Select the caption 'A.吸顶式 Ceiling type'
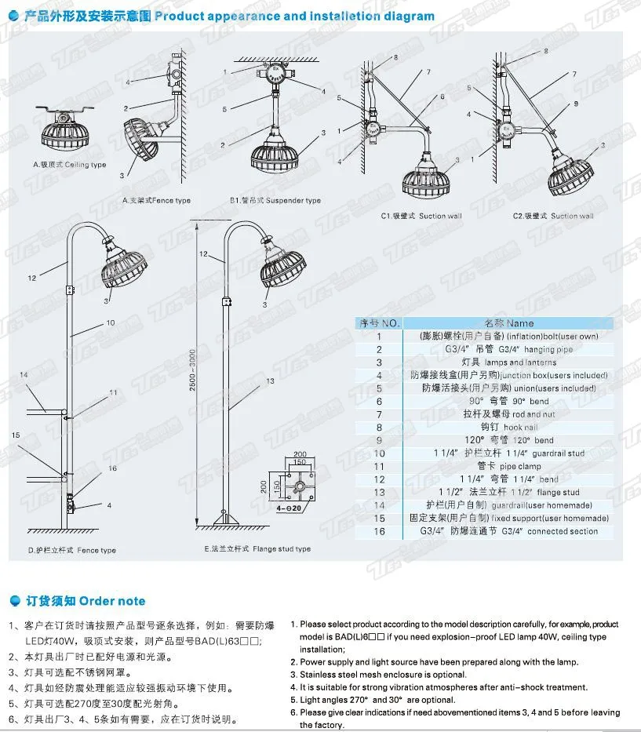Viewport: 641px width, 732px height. (x=69, y=165)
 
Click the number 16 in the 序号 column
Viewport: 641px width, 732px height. (x=379, y=531)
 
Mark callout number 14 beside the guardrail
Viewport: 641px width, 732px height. (x=24, y=376)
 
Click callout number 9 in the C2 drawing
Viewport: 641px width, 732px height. (x=574, y=103)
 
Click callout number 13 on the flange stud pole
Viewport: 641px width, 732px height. (x=269, y=381)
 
